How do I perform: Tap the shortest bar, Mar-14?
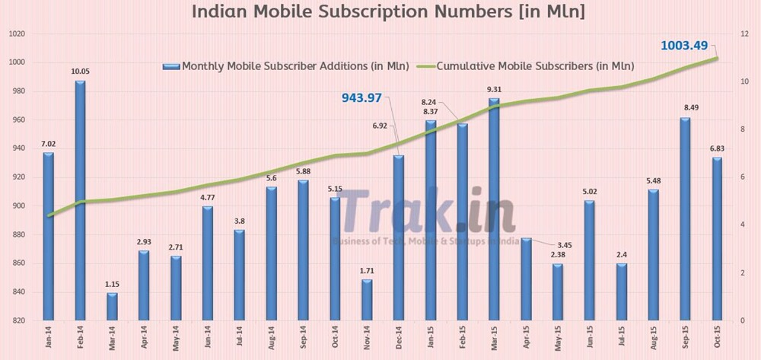click(112, 305)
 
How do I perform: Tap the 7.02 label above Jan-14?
click(48, 144)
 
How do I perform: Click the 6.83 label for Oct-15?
click(717, 148)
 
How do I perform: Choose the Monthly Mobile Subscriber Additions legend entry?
click(286, 66)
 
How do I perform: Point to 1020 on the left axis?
click(16, 34)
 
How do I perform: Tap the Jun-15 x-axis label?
click(590, 338)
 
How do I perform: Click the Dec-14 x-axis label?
click(398, 338)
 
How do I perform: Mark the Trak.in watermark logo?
click(426, 212)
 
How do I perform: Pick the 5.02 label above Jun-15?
click(590, 192)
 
